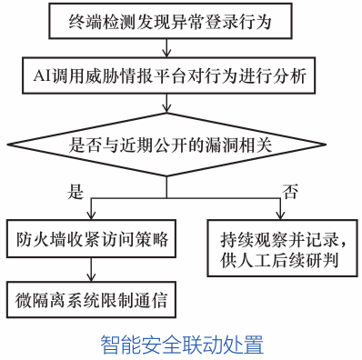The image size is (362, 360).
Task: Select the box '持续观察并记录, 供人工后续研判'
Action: pyautogui.click(x=277, y=250)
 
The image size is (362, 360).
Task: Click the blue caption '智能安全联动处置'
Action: pyautogui.click(x=181, y=344)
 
